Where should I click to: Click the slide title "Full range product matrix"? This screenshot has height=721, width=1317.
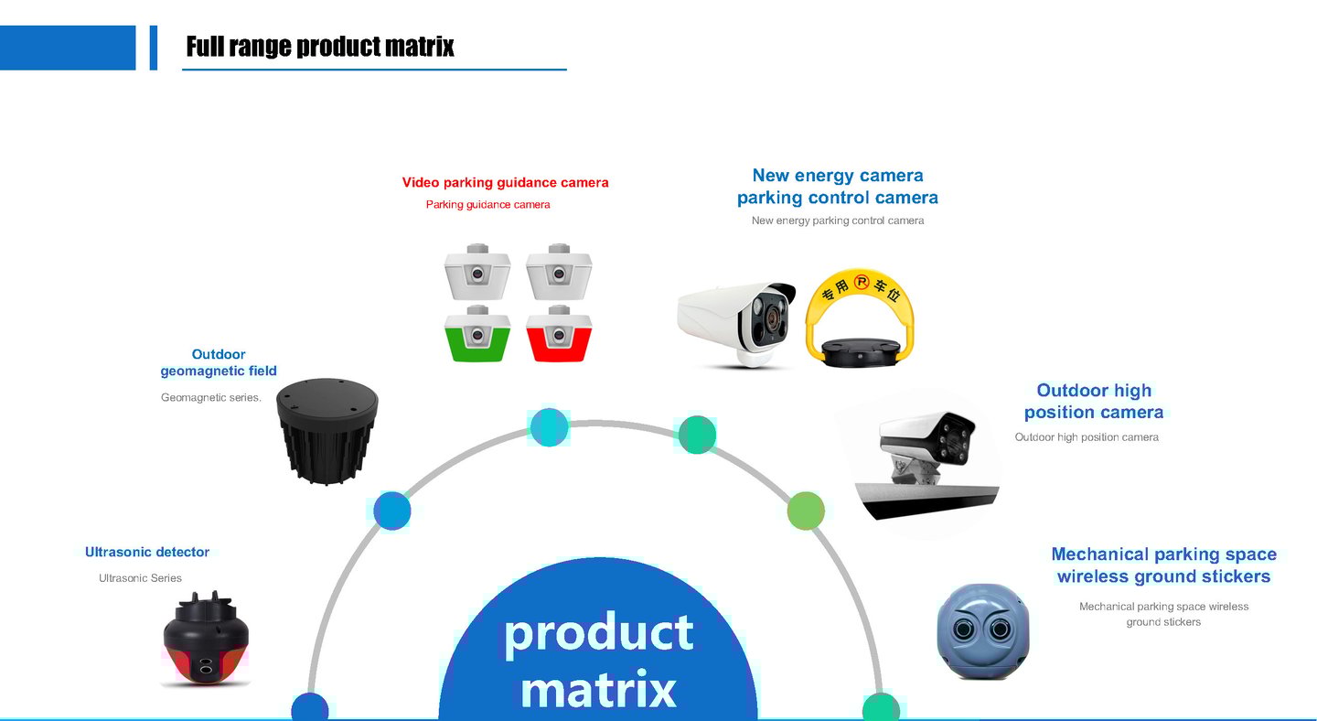320,47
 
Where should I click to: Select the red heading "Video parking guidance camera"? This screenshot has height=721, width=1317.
505,183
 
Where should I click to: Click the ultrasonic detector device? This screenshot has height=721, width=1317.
206,640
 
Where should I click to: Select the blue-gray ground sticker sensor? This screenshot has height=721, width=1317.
983,631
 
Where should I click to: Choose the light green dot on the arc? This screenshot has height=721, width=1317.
806,511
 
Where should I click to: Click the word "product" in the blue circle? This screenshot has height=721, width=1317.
599,632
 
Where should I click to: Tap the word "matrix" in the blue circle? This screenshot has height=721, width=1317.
599,689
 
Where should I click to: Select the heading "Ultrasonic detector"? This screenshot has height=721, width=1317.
147,553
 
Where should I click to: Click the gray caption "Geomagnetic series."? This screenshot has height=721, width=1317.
211,398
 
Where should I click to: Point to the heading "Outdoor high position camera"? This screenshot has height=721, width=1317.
1094,402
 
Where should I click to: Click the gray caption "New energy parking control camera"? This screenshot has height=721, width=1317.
838,221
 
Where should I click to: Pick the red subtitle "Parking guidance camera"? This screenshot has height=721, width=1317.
488,205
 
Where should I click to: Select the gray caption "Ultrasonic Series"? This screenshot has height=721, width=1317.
140,578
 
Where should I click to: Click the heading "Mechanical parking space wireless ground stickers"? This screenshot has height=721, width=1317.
1163,565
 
